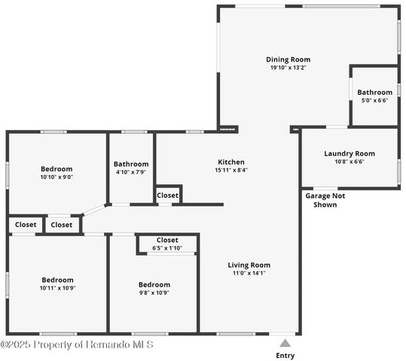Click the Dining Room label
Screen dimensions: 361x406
[288, 59]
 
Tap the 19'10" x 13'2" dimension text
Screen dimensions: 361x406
[288, 68]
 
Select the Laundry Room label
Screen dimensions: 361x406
[349, 153]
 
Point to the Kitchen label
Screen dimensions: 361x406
[231, 162]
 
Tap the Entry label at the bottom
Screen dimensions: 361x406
[285, 355]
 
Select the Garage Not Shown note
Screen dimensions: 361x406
[325, 199]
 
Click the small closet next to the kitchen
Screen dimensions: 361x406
[167, 196]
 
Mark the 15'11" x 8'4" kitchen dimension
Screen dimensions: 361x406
[231, 170]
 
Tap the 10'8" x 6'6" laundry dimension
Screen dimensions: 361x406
[349, 162]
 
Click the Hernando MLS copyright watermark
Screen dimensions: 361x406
[78, 344]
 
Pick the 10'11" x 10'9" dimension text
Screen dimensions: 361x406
[57, 288]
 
